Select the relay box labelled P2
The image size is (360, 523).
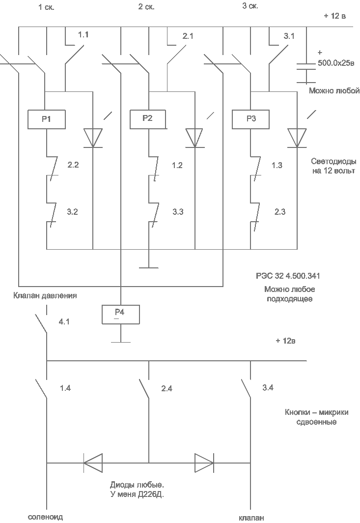click(x=148, y=119)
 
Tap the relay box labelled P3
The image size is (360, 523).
click(x=250, y=119)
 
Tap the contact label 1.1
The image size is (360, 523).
click(x=83, y=35)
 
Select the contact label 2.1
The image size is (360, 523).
click(x=188, y=37)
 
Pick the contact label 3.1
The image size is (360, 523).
click(x=290, y=36)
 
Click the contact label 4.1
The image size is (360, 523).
click(x=65, y=322)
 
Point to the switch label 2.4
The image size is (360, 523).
click(x=166, y=389)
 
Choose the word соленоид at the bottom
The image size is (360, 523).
click(x=45, y=517)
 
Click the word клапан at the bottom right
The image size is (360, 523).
click(x=251, y=518)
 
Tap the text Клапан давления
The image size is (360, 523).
click(x=45, y=296)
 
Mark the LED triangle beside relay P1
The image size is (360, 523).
click(x=92, y=138)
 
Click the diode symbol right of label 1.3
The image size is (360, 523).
click(x=297, y=138)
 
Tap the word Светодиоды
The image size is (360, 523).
click(x=334, y=161)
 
